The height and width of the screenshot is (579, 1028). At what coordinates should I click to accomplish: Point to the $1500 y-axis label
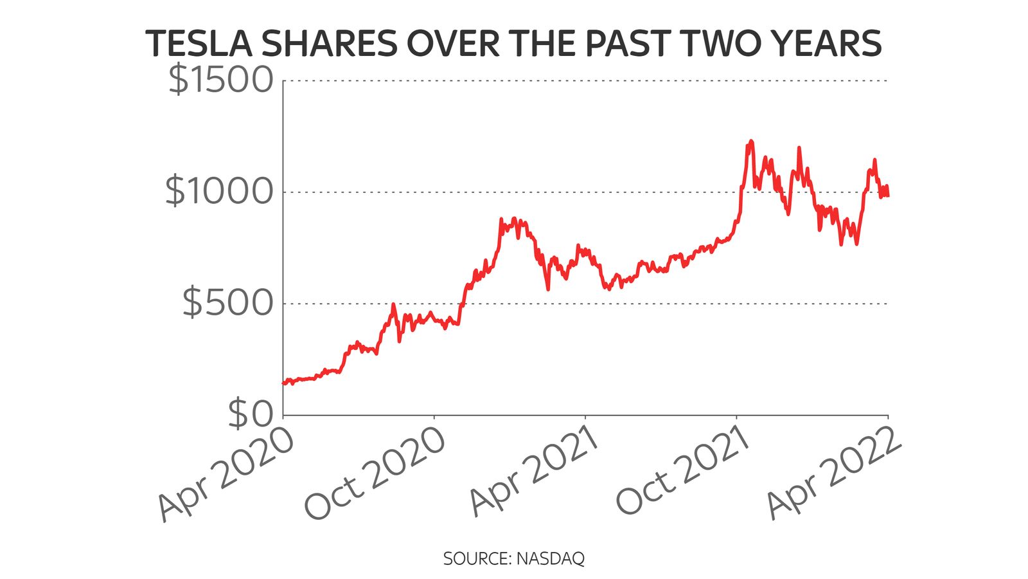coord(220,80)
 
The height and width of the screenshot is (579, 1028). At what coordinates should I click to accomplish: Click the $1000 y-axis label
coord(219,192)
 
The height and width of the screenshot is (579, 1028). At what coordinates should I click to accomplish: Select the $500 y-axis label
coord(228,303)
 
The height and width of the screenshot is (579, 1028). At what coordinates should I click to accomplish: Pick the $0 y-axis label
coord(251,414)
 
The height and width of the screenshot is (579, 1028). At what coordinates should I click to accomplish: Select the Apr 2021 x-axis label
coord(535,476)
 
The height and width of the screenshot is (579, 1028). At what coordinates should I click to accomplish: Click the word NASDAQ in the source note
coord(551,558)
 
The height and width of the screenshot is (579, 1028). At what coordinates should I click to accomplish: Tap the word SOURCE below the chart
coord(477,558)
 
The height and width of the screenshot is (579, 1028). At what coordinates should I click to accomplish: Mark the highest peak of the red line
coord(750,142)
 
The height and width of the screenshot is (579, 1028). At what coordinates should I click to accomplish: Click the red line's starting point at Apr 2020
coord(284,383)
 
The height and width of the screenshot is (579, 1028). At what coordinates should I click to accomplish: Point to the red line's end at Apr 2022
coord(888,195)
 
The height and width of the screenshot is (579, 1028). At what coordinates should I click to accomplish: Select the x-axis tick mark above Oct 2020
coord(434,418)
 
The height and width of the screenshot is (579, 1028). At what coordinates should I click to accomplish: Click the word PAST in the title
coord(630,44)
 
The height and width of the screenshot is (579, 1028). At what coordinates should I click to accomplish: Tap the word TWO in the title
coord(722,44)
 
